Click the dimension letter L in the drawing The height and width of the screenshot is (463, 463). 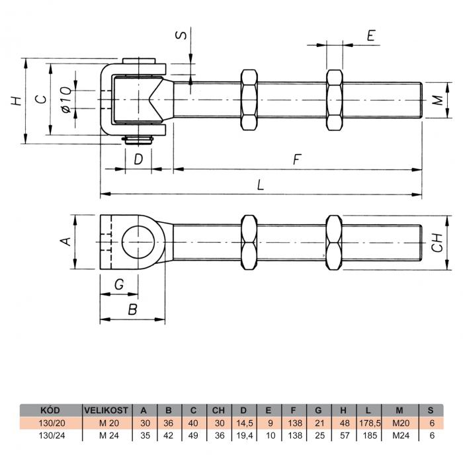click(x=261, y=186)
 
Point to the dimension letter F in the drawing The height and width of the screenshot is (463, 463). click(x=297, y=159)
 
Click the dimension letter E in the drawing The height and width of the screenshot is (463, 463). click(x=370, y=36)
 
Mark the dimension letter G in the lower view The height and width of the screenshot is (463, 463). click(x=119, y=284)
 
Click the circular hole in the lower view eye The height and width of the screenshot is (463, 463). click(x=140, y=241)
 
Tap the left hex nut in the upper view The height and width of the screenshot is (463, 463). click(x=250, y=101)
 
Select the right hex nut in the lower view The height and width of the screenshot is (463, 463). click(x=334, y=241)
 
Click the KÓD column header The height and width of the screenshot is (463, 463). click(x=51, y=410)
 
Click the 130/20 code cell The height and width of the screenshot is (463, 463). click(x=51, y=423)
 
